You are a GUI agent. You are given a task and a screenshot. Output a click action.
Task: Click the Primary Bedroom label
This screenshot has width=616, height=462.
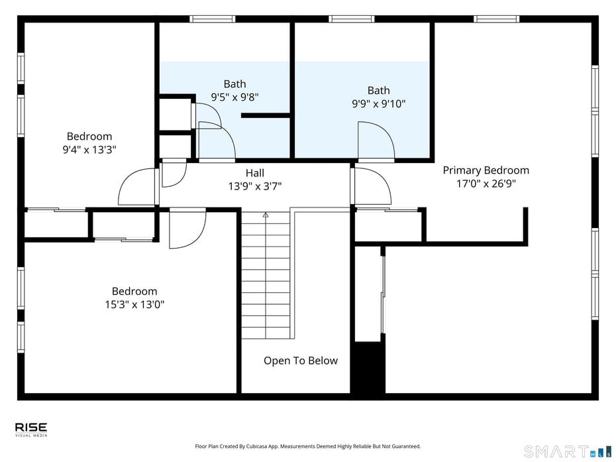[x=486, y=170]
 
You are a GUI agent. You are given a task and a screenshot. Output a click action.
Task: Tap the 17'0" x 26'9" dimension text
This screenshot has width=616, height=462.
[x=486, y=184]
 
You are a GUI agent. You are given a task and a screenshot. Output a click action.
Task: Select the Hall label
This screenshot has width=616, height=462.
[x=255, y=173]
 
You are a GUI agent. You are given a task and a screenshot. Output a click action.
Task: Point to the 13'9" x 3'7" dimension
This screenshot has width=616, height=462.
[x=255, y=186]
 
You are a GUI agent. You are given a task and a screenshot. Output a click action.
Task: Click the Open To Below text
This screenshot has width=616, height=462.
[x=300, y=361]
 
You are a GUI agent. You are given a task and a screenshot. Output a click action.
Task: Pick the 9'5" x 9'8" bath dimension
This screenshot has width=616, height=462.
[x=234, y=97]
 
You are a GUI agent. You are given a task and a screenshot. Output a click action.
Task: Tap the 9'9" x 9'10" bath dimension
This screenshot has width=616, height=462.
[x=378, y=103]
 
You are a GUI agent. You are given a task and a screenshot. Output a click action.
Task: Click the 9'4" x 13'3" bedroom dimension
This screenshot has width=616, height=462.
[x=89, y=150]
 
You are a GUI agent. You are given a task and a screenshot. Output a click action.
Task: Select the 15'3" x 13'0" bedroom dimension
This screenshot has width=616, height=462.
[x=134, y=305]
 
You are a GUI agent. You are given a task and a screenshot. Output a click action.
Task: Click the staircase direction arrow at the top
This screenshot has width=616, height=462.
[x=266, y=215]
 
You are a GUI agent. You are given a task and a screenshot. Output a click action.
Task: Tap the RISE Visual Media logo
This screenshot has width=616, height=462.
[x=31, y=430]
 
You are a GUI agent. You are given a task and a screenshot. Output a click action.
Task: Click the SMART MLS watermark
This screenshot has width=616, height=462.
[x=564, y=451]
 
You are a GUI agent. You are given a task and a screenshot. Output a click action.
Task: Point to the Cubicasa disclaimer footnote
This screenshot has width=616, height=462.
[x=307, y=447]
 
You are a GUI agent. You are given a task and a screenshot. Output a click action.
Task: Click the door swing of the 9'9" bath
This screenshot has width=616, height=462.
[x=375, y=141]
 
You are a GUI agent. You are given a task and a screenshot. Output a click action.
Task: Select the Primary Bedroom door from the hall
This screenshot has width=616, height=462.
[x=371, y=186]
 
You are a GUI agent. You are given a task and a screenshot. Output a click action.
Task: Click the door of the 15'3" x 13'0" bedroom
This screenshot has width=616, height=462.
[x=187, y=230]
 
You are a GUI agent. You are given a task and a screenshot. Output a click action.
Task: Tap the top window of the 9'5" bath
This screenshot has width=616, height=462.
[x=213, y=19]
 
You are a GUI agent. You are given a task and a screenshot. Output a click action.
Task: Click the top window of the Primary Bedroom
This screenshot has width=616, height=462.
[x=496, y=19]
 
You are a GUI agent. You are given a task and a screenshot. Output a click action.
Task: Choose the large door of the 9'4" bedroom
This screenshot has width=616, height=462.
[x=137, y=188]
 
